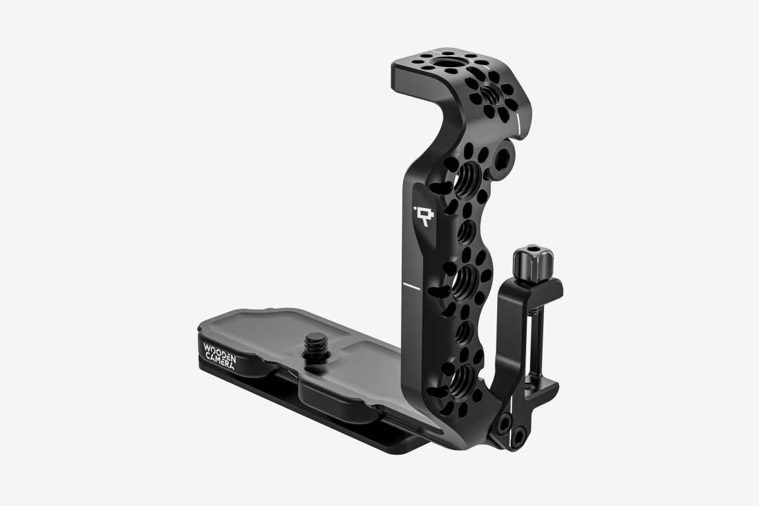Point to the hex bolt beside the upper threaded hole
click(507, 156)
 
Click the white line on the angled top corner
click(518, 120)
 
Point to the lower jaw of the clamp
click(541, 383)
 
